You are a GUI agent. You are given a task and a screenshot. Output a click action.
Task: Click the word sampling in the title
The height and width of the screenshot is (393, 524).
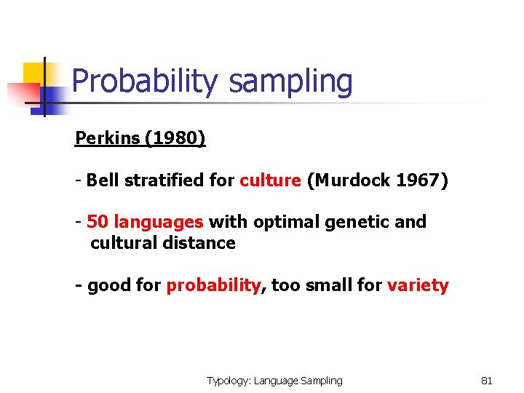(x=290, y=82)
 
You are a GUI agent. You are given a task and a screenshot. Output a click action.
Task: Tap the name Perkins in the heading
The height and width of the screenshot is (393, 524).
(x=107, y=138)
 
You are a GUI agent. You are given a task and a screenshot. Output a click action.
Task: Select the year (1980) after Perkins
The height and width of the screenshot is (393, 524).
(x=175, y=138)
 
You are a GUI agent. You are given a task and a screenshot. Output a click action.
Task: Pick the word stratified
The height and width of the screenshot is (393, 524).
(x=167, y=180)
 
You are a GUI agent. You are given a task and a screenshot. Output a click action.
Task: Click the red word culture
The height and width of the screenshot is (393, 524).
(x=270, y=180)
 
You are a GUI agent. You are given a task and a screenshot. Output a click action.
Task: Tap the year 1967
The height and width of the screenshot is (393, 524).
(x=418, y=180)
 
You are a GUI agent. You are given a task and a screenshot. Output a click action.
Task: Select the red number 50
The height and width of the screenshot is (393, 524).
(x=98, y=221)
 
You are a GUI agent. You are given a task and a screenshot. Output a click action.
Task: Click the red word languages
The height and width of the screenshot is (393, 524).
(x=159, y=222)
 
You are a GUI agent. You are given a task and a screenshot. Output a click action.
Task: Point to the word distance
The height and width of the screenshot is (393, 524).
(x=202, y=243)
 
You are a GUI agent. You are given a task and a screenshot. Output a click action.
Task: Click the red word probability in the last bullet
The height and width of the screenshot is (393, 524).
(x=213, y=285)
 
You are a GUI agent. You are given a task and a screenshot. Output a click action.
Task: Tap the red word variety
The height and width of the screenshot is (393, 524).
(x=418, y=285)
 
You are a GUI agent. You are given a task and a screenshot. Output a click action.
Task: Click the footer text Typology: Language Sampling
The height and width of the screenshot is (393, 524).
(x=274, y=381)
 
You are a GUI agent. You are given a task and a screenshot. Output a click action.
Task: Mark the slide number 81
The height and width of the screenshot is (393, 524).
(x=487, y=381)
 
